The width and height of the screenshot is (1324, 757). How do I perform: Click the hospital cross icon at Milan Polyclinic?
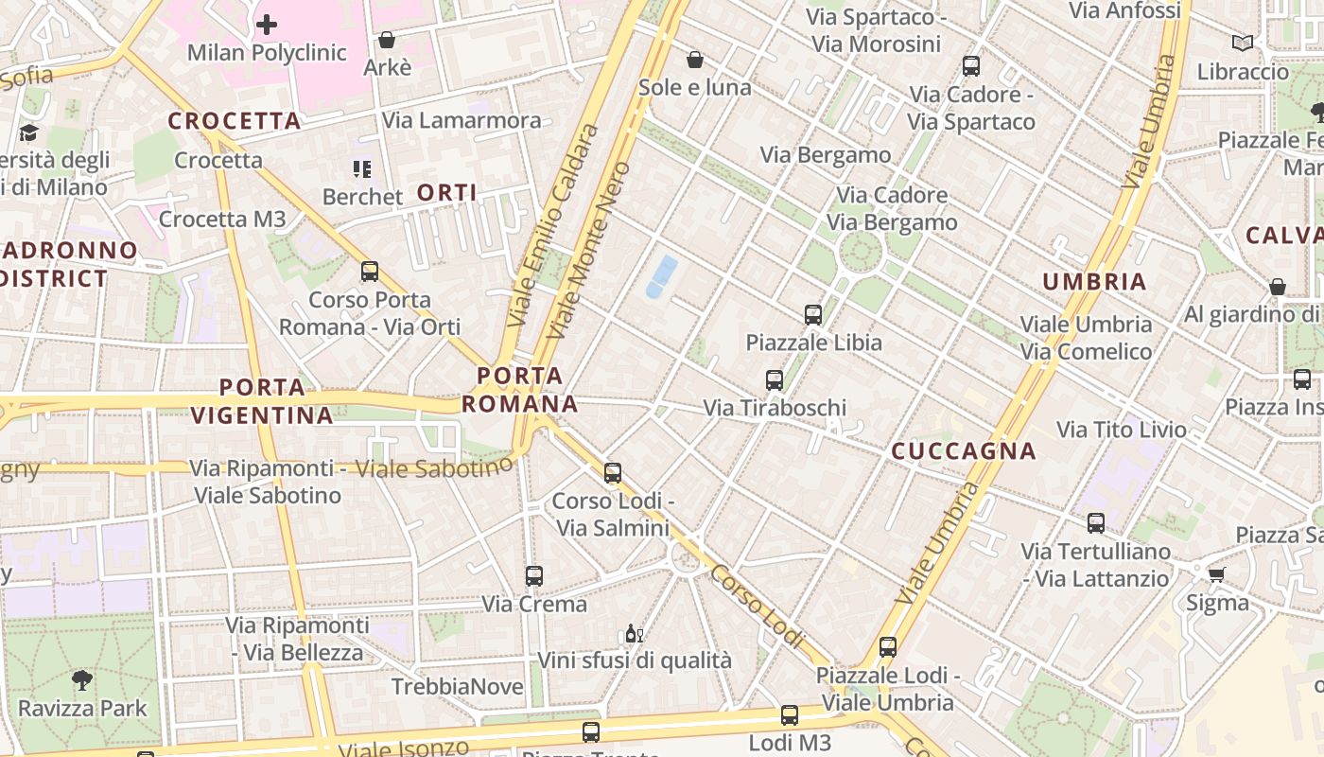[267, 24]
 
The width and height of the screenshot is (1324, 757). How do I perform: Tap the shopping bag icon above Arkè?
[386, 40]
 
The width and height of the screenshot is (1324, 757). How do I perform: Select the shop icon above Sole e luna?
[695, 60]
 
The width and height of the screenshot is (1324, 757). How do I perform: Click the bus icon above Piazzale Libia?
[812, 315]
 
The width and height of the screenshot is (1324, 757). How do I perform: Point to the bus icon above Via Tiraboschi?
[775, 380]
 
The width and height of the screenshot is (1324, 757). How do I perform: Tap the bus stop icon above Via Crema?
[534, 575]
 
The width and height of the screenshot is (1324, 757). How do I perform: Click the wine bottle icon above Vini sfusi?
[634, 634]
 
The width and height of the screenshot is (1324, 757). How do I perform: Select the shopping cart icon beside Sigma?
[1216, 574]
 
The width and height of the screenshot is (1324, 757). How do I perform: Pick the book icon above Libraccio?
[1242, 44]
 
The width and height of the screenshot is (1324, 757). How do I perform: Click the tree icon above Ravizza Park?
[82, 679]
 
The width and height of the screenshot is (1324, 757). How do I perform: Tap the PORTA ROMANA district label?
[519, 390]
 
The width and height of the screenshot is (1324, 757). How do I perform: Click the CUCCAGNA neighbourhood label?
[964, 451]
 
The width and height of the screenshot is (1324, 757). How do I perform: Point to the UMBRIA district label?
[1094, 281]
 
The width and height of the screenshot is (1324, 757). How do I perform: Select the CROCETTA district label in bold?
[235, 121]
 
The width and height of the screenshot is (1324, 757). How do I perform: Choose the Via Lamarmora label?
[462, 120]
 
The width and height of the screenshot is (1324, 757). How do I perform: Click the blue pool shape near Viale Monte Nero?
[661, 276]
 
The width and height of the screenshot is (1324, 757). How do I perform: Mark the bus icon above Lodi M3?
[790, 715]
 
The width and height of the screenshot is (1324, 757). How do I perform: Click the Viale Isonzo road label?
[404, 747]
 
